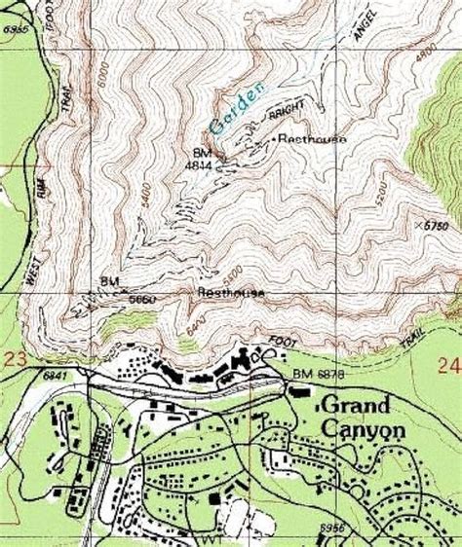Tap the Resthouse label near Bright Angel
[312, 139]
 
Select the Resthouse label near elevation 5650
[232, 291]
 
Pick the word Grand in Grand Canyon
[357, 403]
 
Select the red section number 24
[448, 366]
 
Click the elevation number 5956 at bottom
[332, 526]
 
